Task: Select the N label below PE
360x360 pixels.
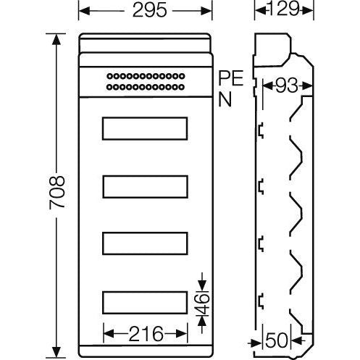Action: (x=225, y=99)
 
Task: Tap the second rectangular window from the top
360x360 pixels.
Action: (x=145, y=186)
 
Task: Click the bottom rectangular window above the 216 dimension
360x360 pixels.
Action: (x=145, y=301)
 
